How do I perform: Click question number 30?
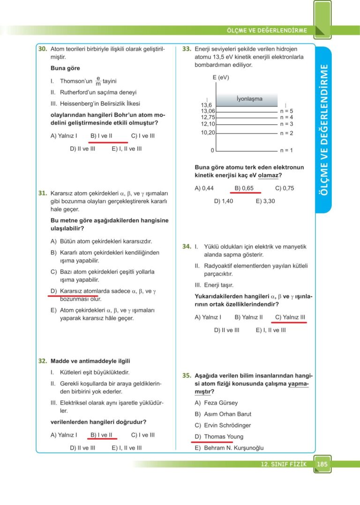pos(42,49)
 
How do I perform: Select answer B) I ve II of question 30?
pos(101,136)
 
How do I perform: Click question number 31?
pos(42,193)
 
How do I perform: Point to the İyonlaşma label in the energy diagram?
pos(249,99)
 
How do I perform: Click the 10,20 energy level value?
pos(208,133)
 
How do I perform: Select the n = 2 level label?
pos(286,133)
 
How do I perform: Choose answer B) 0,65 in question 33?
pos(244,188)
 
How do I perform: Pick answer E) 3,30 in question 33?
pos(265,201)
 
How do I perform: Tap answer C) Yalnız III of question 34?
pos(290,317)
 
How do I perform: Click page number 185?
pos(322,464)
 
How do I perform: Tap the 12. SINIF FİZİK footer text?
pos(284,464)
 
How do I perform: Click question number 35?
pos(187,376)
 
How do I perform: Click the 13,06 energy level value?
pos(208,111)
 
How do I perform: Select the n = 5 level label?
pos(286,111)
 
